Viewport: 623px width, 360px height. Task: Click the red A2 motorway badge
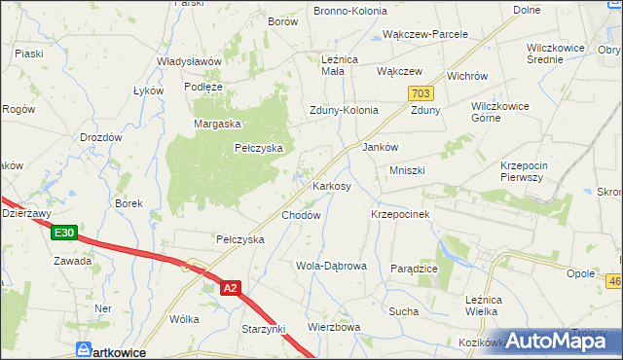coord(230,288)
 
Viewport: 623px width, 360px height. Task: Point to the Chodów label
coord(301,215)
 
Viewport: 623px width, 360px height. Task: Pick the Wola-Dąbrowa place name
coord(330,266)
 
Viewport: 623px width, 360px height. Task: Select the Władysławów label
coord(190,61)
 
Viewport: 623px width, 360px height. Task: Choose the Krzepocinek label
coord(401,213)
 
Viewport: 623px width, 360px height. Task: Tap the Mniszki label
coord(408,170)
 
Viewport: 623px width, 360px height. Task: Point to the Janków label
coord(380,147)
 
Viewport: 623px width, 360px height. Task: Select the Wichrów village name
coord(467,76)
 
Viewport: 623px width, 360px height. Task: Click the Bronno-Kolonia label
coord(349,11)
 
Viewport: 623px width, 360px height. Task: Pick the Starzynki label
coord(264,331)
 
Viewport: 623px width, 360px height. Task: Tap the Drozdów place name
coord(101,138)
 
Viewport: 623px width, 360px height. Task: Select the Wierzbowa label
coord(335,327)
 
